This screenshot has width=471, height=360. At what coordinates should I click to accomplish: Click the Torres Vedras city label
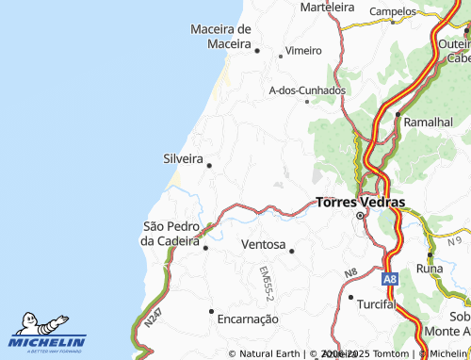tap(360, 202)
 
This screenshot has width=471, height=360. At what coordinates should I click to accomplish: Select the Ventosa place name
tap(264, 244)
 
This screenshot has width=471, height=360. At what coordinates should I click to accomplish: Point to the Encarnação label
tap(248, 319)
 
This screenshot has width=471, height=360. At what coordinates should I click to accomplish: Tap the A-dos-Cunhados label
tap(307, 90)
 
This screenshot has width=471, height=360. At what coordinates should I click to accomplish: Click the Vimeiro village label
tap(303, 50)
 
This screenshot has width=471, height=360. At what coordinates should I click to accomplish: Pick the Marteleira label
tap(327, 7)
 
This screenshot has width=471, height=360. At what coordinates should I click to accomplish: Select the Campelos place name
tap(393, 11)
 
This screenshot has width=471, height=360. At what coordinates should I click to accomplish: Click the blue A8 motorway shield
tap(390, 279)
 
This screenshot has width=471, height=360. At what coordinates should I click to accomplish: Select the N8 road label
tap(350, 274)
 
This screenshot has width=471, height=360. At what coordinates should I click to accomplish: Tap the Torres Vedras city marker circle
tap(360, 217)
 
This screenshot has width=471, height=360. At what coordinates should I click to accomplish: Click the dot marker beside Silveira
tap(209, 165)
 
